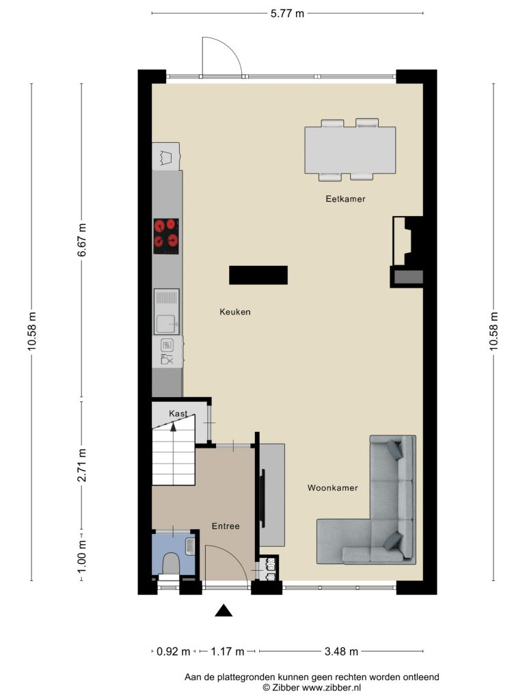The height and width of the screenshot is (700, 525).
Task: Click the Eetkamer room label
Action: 345,199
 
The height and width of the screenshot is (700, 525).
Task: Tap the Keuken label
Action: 235,312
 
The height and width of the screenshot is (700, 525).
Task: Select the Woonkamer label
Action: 333,488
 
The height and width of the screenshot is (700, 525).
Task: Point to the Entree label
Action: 226,526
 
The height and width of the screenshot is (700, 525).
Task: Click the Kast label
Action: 178,414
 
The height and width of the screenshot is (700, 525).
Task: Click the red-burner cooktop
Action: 166,237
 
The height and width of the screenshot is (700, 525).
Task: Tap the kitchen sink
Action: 167,312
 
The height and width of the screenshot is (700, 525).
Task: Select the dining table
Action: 350,150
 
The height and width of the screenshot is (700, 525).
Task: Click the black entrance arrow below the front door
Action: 224,610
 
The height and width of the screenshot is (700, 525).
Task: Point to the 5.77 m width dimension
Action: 287,14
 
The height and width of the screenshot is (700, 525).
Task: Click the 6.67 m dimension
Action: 82,240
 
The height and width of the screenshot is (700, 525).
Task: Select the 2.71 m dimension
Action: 82,466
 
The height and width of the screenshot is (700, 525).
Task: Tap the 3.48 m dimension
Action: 341,651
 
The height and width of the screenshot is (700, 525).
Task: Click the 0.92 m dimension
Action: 173,651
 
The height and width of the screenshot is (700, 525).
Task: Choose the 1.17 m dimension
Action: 227,651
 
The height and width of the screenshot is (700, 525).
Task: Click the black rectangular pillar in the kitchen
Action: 258,275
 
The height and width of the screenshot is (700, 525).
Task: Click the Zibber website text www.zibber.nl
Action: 332,688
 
